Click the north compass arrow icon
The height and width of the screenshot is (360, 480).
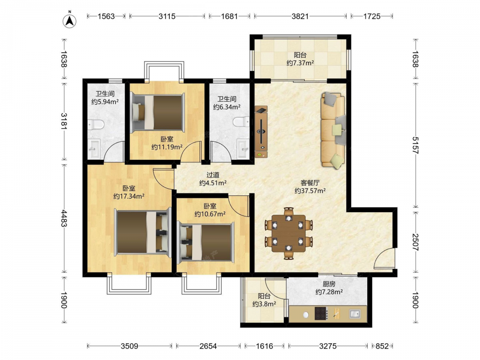coord(70,21)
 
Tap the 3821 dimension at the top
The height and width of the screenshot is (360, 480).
coord(300,16)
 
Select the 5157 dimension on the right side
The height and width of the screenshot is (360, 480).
coord(415,145)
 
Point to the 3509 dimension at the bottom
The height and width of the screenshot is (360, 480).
coord(129,346)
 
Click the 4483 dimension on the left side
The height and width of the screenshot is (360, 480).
coord(64,218)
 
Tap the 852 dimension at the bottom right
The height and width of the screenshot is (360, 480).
coord(382,346)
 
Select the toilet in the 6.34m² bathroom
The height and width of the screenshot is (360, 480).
coord(241,121)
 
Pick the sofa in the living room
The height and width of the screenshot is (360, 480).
coord(333,130)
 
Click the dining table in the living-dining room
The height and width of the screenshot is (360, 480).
coord(288,233)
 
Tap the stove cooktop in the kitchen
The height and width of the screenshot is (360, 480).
coord(321,313)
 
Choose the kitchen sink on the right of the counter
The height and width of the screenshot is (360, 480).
coord(355,314)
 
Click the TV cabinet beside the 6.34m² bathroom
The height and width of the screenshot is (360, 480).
coord(261,132)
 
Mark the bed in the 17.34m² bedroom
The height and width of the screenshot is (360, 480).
coord(143,232)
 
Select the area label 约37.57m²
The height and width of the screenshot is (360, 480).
coord(310,191)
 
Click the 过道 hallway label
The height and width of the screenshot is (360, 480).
coord(213,175)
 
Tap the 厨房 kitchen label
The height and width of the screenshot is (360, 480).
coord(329,284)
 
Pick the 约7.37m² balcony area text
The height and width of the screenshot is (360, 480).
coord(300,63)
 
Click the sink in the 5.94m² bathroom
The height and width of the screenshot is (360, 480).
coord(94,149)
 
